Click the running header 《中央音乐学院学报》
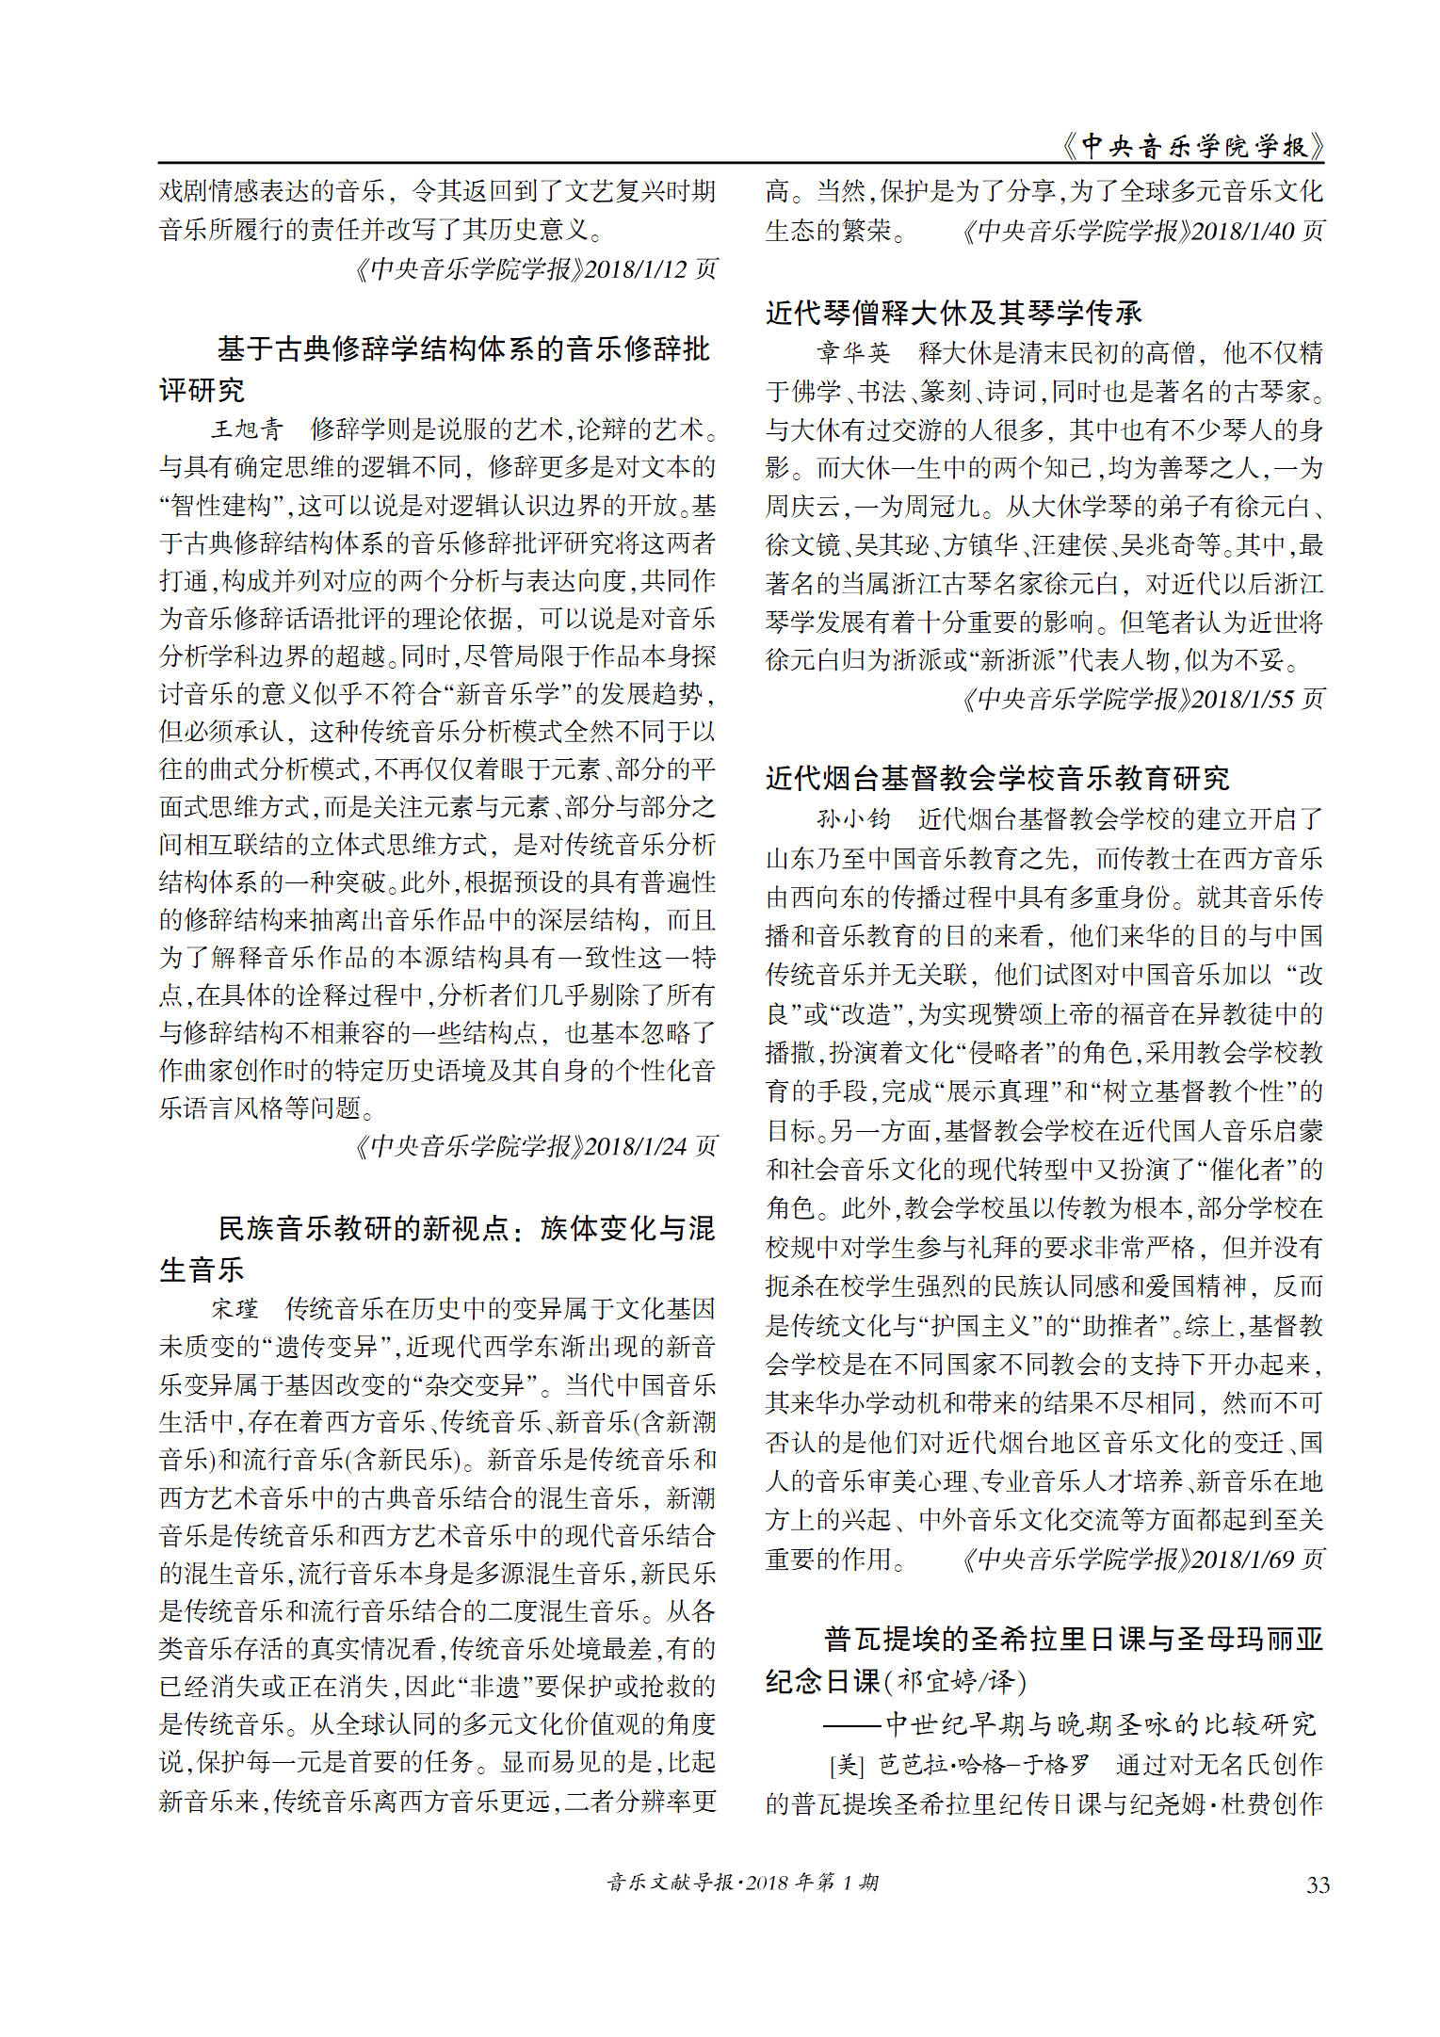pos(1192,145)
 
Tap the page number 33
pos(1318,1884)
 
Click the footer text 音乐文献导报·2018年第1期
pos(743,1883)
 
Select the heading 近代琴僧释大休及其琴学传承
pos(953,312)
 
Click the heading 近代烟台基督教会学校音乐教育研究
pos(997,778)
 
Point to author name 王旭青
pos(247,429)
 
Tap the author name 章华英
pos(853,352)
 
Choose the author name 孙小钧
pos(853,818)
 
